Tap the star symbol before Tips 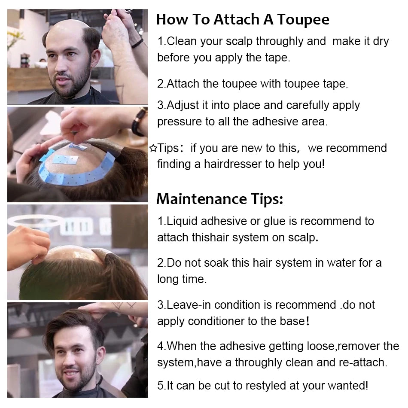pyautogui.click(x=153, y=149)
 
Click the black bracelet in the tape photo pyautogui.click(x=138, y=121)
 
